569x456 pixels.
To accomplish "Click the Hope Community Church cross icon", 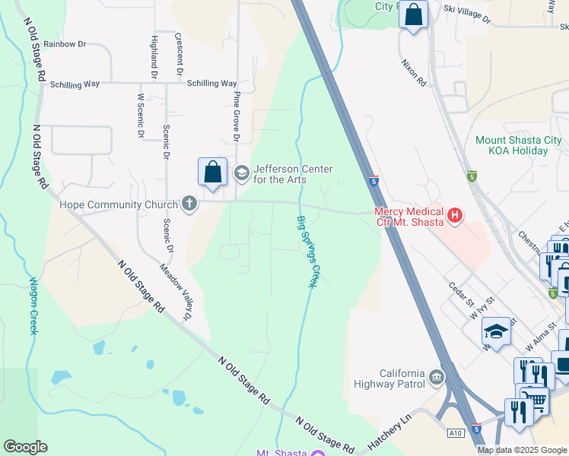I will pos(189,204).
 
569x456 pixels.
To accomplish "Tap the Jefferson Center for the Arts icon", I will pos(242,173).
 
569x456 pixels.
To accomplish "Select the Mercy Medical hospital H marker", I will pos(455,216).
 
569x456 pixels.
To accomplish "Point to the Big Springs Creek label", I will pos(306,252).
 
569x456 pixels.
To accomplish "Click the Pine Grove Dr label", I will pos(237,117).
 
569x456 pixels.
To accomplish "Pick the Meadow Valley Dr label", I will pos(176,292).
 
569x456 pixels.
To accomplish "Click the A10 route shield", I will pos(455,433).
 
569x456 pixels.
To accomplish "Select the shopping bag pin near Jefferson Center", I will pos(213,172).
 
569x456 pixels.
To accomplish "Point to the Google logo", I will pos(25,447).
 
